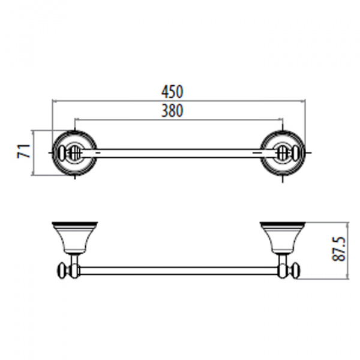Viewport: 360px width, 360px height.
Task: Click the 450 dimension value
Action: click(x=172, y=92)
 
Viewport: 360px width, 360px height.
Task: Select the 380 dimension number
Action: click(x=172, y=110)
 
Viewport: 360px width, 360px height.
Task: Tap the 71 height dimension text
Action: click(x=23, y=151)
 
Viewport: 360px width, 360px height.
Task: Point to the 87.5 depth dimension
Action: click(x=338, y=249)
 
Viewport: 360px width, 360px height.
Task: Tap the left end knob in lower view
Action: click(x=62, y=271)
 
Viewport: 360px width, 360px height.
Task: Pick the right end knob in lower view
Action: click(x=296, y=271)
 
